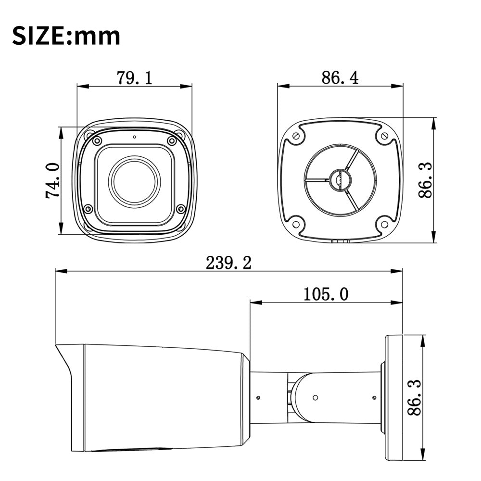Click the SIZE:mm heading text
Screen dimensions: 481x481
point(66,36)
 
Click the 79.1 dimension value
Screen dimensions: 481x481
point(134,78)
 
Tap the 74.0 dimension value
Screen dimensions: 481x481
point(53,180)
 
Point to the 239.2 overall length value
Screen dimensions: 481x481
point(228,263)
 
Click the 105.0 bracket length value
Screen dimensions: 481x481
point(326,294)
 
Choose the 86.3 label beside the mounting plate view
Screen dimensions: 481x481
point(425,180)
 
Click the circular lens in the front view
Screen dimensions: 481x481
point(134,181)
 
